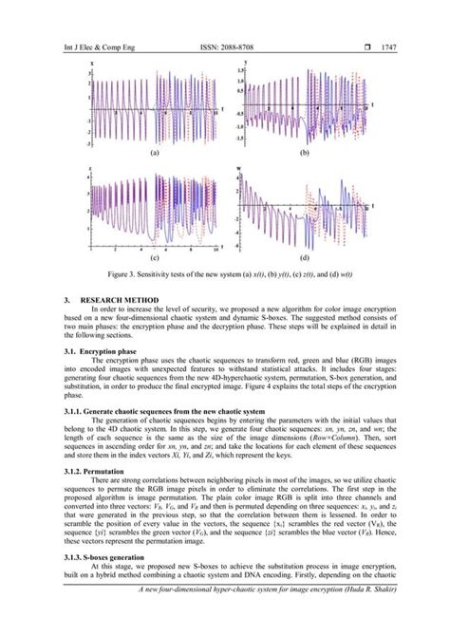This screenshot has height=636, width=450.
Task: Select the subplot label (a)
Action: coord(153,154)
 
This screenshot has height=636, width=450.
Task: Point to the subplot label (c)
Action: coord(153,258)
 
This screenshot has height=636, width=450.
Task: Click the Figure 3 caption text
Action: coord(225,272)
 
